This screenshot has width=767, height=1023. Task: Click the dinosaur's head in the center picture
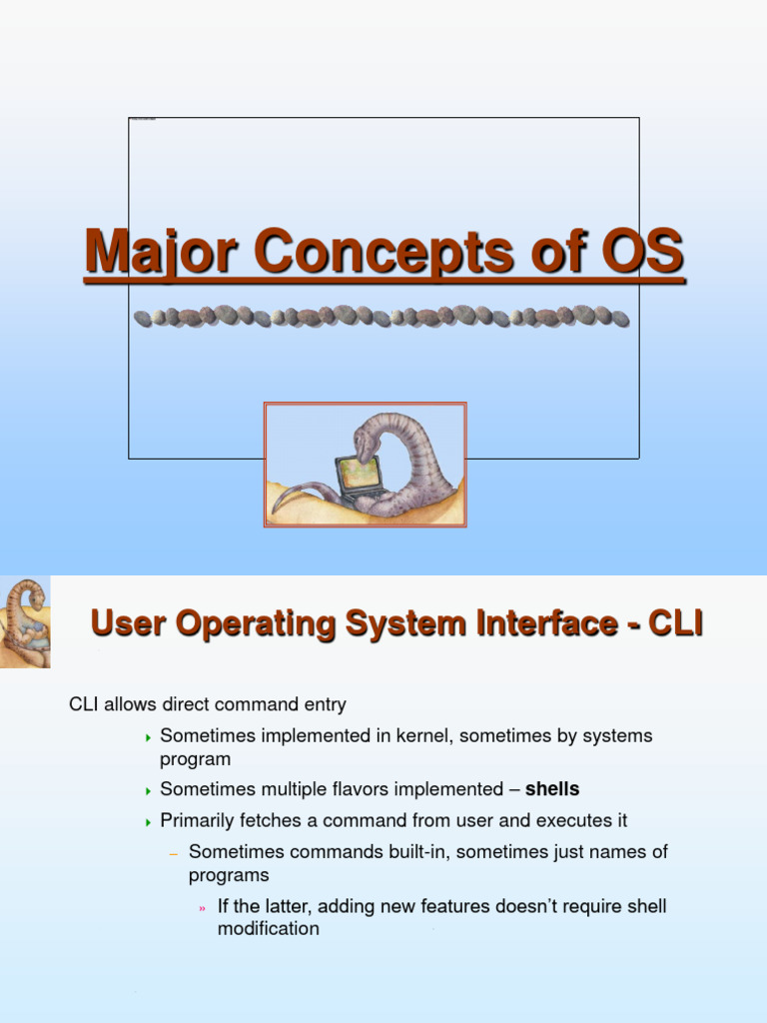[366, 447]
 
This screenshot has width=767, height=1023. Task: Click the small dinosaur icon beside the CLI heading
[25, 621]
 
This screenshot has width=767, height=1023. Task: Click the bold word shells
[552, 789]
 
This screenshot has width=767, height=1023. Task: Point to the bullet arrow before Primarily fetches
[149, 822]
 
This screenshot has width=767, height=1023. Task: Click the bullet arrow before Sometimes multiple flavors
[149, 790]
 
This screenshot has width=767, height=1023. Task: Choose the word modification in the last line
[269, 929]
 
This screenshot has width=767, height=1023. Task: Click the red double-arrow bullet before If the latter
[202, 908]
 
